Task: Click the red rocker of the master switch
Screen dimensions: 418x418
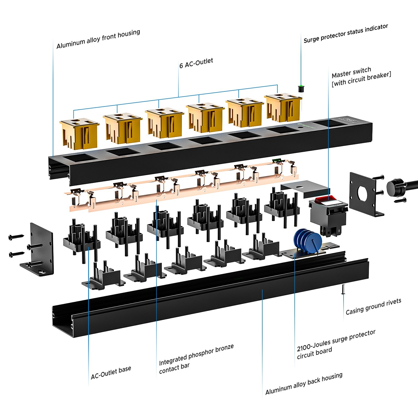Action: (x=325, y=199)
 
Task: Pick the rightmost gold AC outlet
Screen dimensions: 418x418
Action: (x=283, y=107)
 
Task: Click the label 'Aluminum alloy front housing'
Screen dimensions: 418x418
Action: (x=98, y=39)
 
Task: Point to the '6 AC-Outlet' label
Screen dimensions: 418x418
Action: (x=196, y=63)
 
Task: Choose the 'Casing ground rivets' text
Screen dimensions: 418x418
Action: (x=374, y=307)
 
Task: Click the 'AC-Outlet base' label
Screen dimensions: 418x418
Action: (x=111, y=373)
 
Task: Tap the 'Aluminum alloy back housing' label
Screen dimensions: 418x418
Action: (x=304, y=384)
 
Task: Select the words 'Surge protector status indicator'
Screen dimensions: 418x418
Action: (x=346, y=33)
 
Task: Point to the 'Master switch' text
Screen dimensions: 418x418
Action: (x=351, y=72)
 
